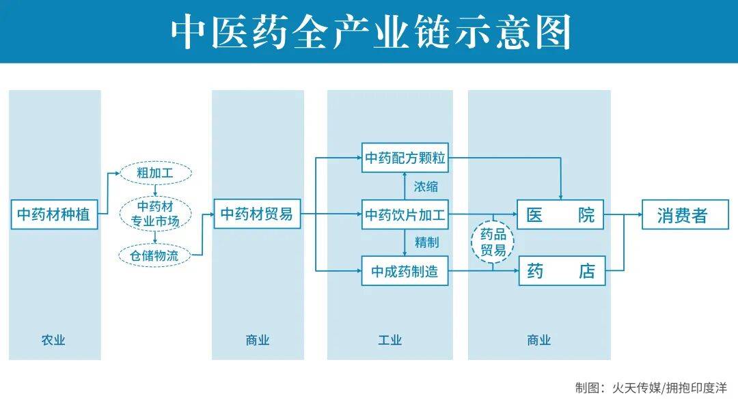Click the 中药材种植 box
click(x=54, y=214)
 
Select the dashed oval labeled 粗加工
click(x=155, y=173)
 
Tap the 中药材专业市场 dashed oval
click(x=155, y=214)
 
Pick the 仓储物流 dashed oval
click(x=154, y=255)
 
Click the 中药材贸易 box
click(x=257, y=214)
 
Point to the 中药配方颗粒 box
click(x=405, y=158)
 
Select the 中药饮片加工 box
click(x=405, y=215)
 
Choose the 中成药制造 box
click(x=405, y=271)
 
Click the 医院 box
click(x=560, y=215)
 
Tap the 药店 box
click(x=562, y=271)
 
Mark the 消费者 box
click(x=685, y=215)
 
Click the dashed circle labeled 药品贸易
click(x=493, y=242)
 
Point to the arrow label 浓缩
click(x=426, y=186)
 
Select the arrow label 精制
click(x=426, y=242)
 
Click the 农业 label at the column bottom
click(x=53, y=340)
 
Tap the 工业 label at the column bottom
click(x=389, y=340)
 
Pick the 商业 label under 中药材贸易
click(x=258, y=340)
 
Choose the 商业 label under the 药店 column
click(x=539, y=340)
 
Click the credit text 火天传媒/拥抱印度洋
click(x=669, y=388)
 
